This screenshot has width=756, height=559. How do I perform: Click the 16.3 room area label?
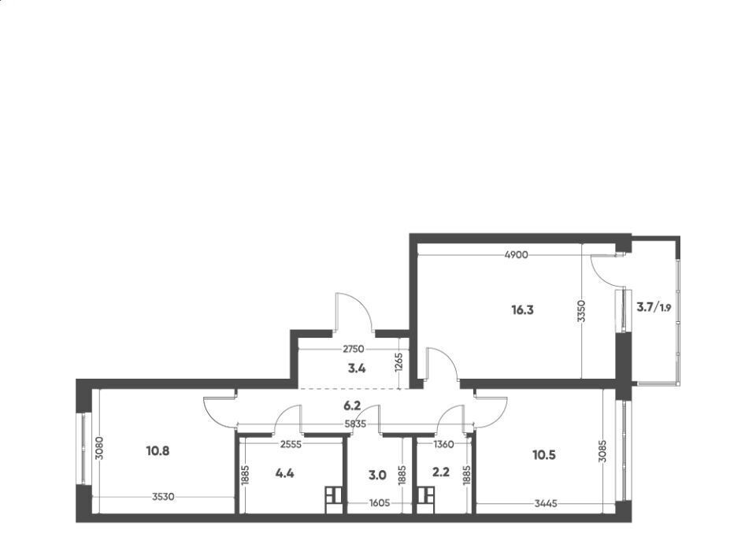(522, 310)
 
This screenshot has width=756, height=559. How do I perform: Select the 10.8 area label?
(157, 452)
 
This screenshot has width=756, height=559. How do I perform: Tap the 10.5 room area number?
(544, 455)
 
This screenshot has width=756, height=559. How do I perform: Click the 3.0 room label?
(377, 476)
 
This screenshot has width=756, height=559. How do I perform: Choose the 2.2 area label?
(441, 472)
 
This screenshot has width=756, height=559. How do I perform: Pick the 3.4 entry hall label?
(357, 368)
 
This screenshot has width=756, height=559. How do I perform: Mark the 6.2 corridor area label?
(352, 406)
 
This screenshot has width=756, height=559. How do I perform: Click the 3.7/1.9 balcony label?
(654, 307)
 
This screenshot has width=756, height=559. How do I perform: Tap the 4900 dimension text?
(516, 255)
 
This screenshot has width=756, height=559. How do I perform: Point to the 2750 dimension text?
(354, 349)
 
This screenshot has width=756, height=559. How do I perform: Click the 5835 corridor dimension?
(355, 424)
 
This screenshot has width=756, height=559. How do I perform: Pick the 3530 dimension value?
(163, 497)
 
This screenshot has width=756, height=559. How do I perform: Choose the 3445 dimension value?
(546, 504)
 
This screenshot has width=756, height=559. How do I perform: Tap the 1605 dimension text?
(380, 504)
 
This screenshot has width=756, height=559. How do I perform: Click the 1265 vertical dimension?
(398, 363)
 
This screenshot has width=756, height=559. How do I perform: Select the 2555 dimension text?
(291, 444)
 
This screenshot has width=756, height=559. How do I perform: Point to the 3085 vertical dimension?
(602, 451)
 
